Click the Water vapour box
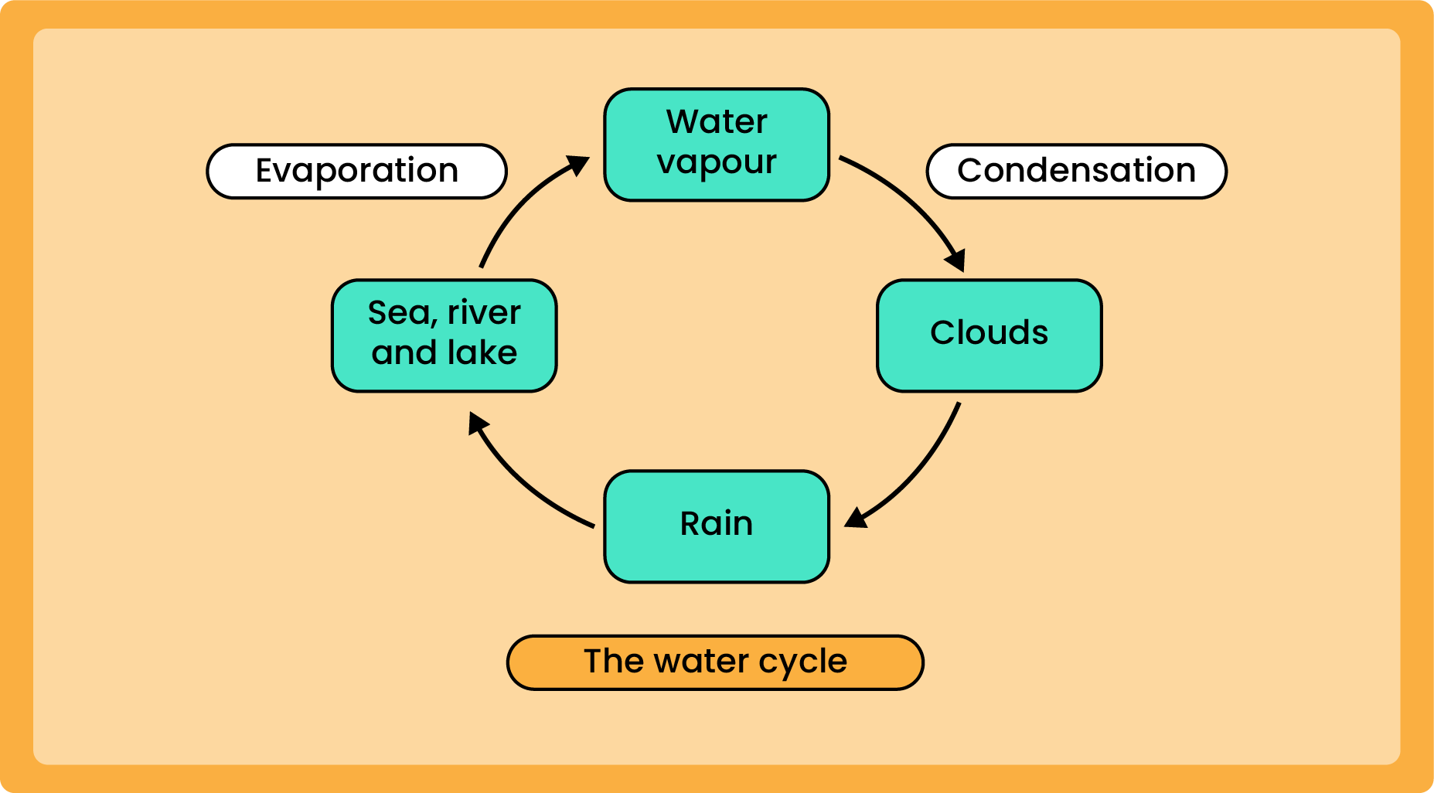coord(717,145)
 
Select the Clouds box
coord(989,335)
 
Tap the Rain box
coord(717,526)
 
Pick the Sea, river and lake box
coord(445,335)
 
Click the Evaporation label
coord(356,171)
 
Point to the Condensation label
coord(1076,171)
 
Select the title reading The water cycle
coord(715,662)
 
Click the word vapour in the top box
coord(717,163)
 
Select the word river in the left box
coord(484,313)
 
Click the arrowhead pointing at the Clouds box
coord(956,260)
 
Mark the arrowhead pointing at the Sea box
coord(478,423)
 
